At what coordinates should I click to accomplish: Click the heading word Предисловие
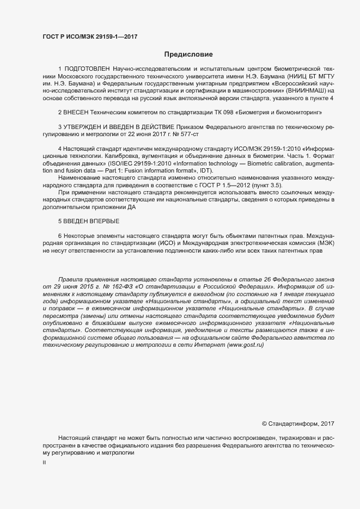pos(189,54)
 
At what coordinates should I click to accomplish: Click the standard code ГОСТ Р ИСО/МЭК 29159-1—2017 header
pos(90,36)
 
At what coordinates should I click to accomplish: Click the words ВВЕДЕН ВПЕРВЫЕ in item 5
pos(92,221)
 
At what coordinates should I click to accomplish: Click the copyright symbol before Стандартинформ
pos(264,423)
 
